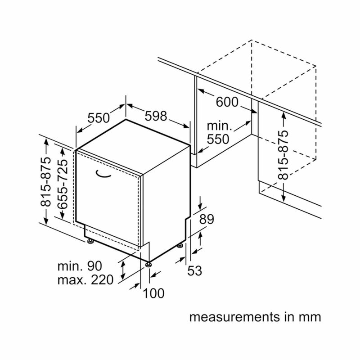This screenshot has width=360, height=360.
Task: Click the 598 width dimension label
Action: [156, 116]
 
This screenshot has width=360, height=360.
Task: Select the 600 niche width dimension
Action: [227, 102]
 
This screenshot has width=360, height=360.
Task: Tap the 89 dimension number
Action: [207, 219]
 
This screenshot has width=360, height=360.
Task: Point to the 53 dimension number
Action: [195, 270]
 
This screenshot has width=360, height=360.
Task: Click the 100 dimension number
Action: [153, 293]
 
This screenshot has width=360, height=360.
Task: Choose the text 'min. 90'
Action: [80, 266]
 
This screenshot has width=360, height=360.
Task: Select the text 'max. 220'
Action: [85, 280]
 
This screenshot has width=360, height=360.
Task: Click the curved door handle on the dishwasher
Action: [103, 175]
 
